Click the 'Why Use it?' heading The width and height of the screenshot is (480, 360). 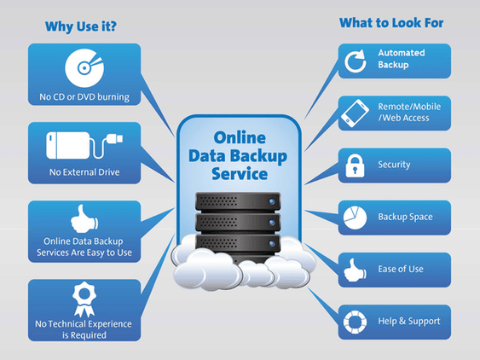click(x=81, y=26)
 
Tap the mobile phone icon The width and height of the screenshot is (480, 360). click(x=354, y=112)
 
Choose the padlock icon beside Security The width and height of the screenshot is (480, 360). click(x=354, y=165)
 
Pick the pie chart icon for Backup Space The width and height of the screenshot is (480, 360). click(x=354, y=218)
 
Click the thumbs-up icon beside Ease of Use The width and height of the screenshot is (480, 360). click(x=354, y=270)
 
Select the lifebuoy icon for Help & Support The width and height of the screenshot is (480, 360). click(x=354, y=322)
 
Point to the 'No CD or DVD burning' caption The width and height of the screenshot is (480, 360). click(x=84, y=96)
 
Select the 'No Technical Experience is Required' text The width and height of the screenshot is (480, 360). click(x=83, y=329)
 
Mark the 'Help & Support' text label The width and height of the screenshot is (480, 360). click(x=409, y=322)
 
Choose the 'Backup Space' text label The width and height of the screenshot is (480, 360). click(x=405, y=217)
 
